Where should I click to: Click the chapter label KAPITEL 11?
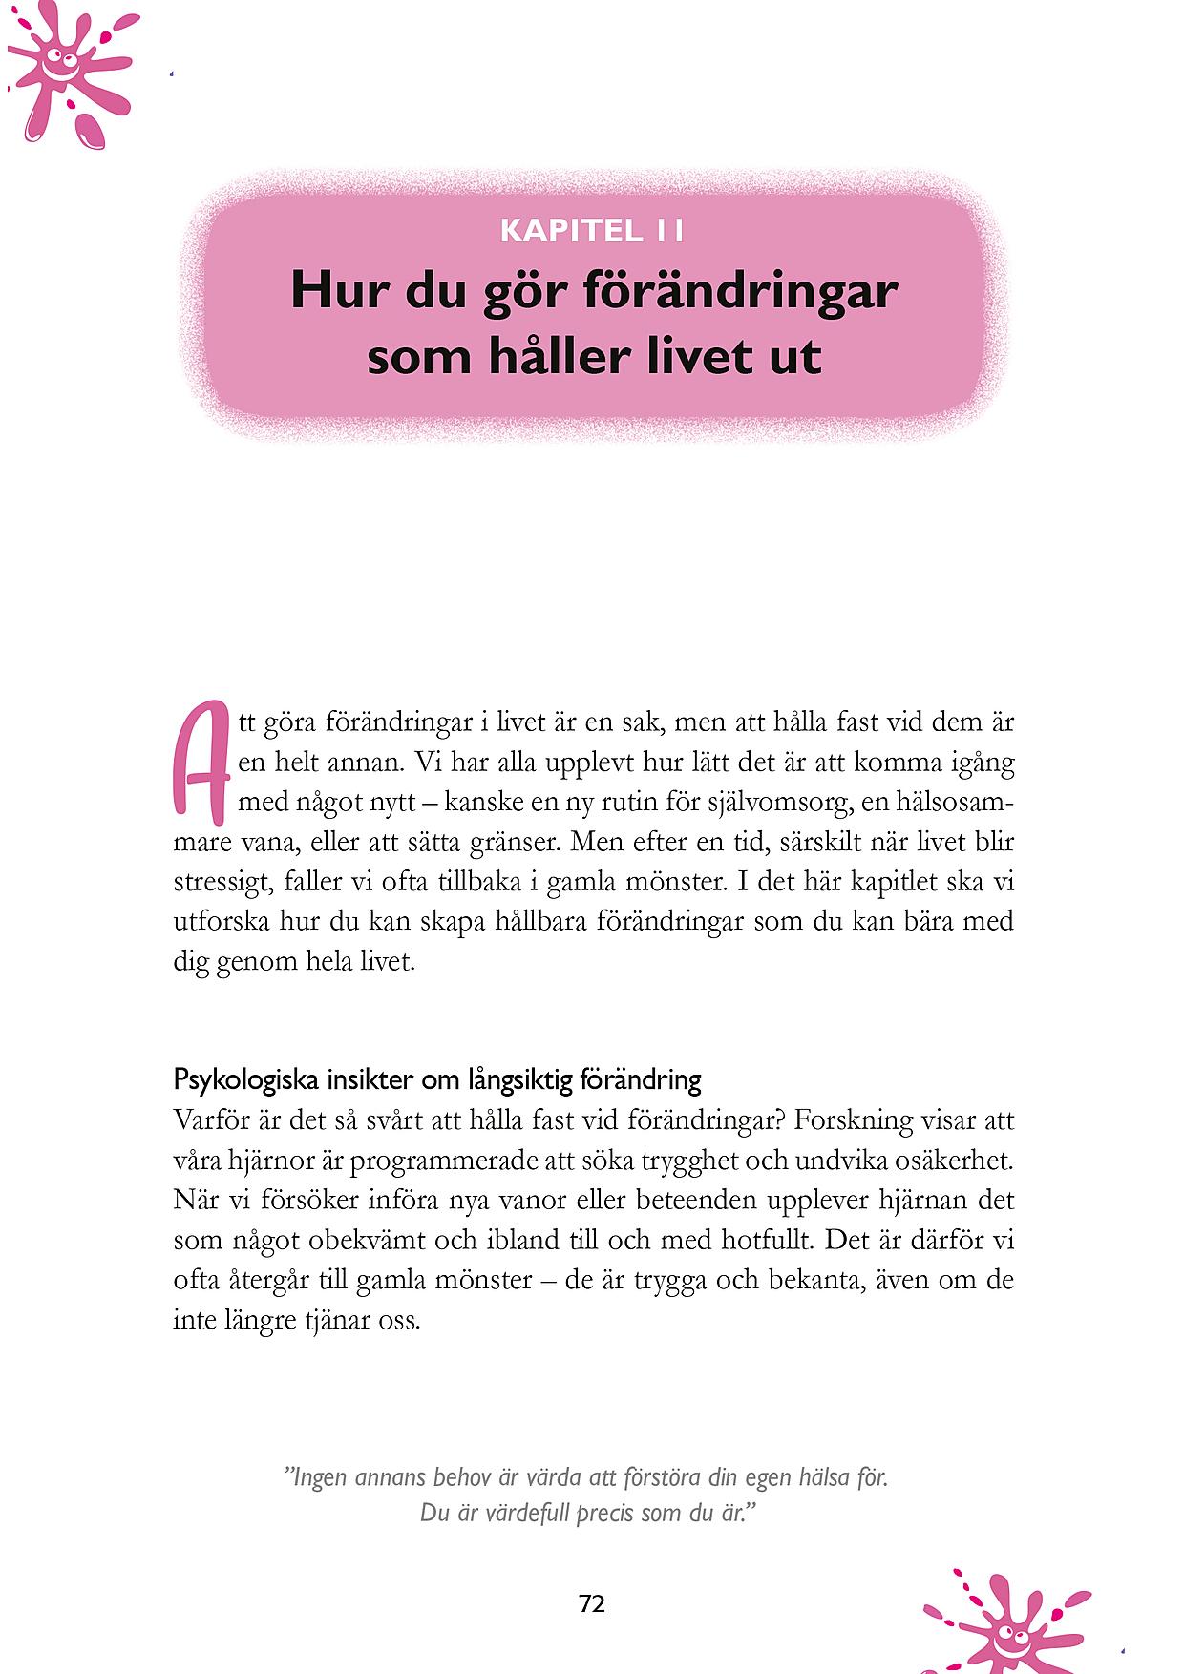pos(592,231)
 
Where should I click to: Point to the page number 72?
pos(592,1604)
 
